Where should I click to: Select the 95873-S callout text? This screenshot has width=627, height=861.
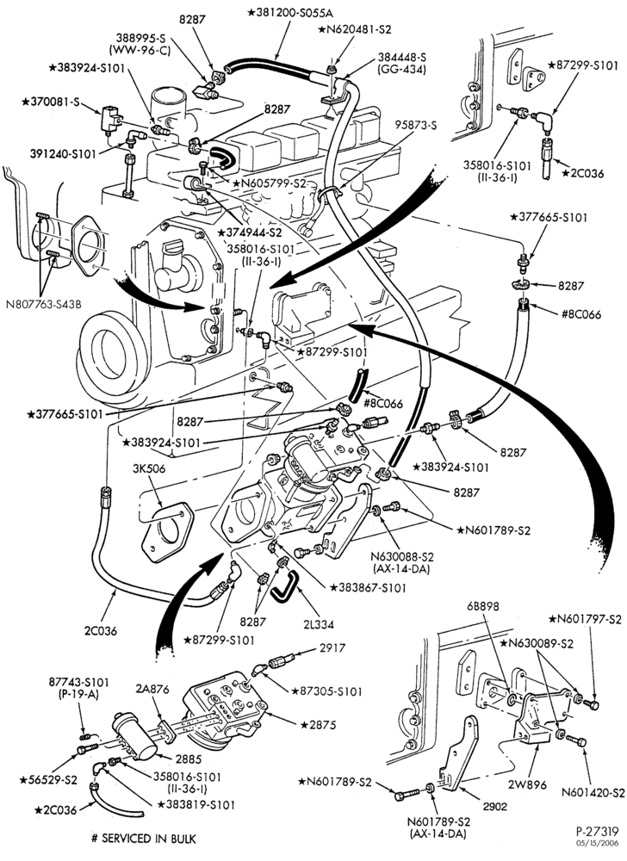click(416, 125)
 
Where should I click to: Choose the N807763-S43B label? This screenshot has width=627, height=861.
click(43, 304)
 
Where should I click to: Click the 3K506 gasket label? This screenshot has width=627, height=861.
click(148, 469)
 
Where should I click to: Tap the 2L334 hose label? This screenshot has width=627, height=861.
click(318, 623)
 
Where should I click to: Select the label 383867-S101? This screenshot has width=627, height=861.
click(368, 588)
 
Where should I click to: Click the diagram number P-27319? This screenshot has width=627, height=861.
click(598, 832)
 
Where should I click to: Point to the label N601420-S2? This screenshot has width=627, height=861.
click(593, 793)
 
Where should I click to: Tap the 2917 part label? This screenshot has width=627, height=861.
click(332, 648)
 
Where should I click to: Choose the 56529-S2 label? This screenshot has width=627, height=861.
click(47, 780)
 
